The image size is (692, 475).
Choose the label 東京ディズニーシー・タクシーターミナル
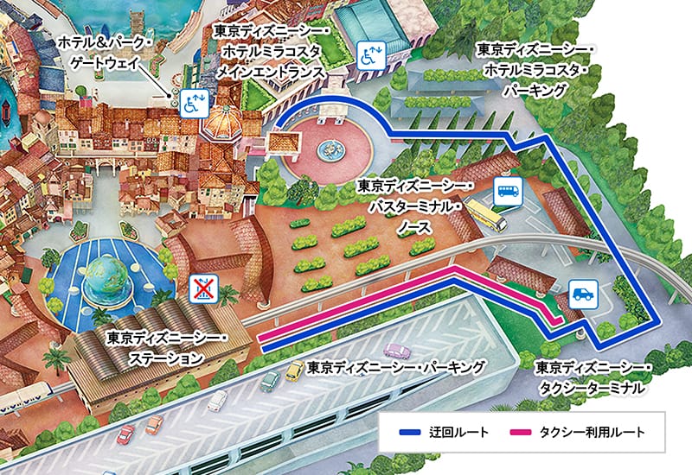(592, 377)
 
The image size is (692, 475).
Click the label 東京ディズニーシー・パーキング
(396, 365)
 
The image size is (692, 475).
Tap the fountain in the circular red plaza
(332, 149)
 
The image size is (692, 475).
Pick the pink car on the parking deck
(396, 351)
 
